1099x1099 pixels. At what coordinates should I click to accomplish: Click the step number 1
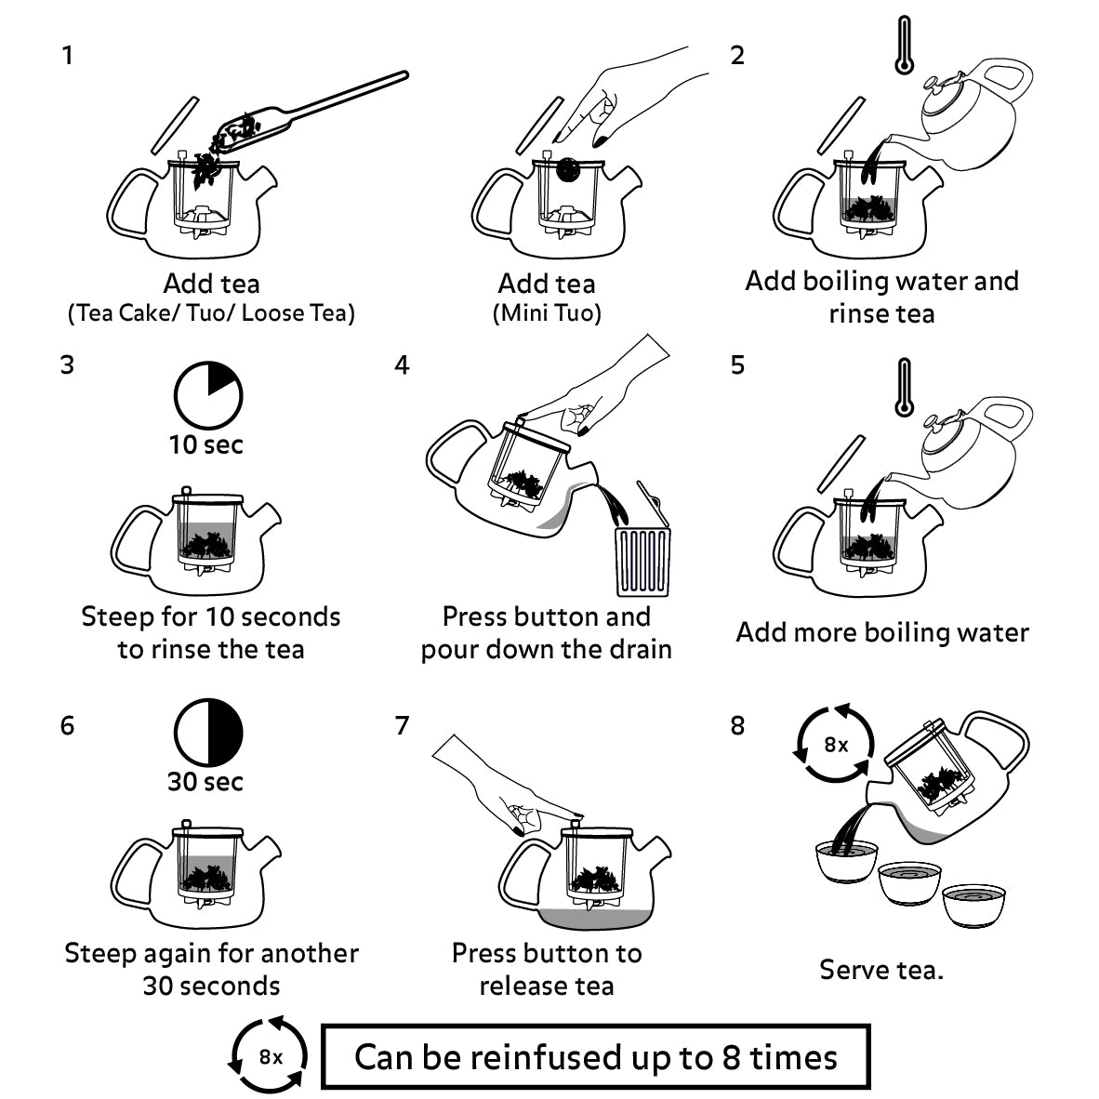pyautogui.click(x=67, y=56)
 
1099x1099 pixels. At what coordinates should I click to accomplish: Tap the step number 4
pyautogui.click(x=402, y=364)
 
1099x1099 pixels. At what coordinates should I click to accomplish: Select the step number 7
pyautogui.click(x=402, y=725)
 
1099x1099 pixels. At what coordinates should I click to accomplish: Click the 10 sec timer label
pyautogui.click(x=206, y=444)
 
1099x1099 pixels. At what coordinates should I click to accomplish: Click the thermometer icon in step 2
pyautogui.click(x=902, y=46)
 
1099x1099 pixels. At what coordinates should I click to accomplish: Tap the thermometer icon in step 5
pyautogui.click(x=902, y=387)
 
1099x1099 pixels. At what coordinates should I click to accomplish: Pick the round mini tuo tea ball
pyautogui.click(x=567, y=169)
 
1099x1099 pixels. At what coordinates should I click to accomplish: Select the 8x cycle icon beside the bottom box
pyautogui.click(x=271, y=1056)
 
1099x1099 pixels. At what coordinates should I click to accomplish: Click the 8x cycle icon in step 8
pyautogui.click(x=836, y=745)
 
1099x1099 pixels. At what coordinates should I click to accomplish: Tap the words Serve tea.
pyautogui.click(x=881, y=970)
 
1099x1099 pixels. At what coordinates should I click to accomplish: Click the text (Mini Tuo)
pyautogui.click(x=547, y=313)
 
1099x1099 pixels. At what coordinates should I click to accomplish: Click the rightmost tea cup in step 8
pyautogui.click(x=974, y=904)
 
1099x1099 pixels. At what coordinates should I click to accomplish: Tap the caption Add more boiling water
pyautogui.click(x=881, y=633)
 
